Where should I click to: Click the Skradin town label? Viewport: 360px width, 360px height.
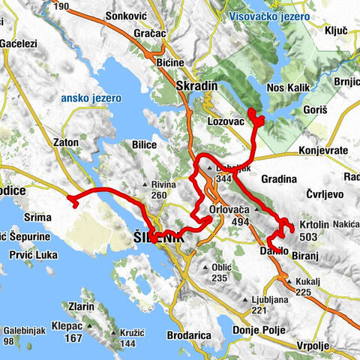pos(196,86)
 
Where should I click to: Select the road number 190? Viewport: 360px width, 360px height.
pos(62,7)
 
